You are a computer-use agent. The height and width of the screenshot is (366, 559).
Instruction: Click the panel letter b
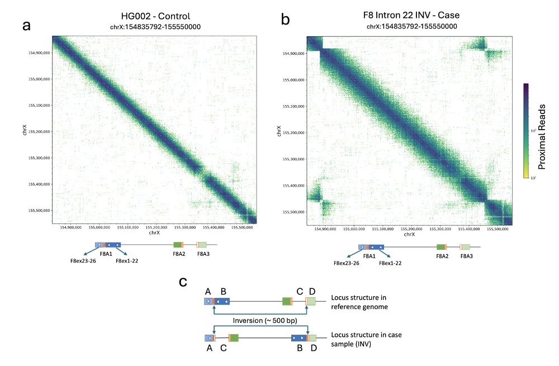click(285, 21)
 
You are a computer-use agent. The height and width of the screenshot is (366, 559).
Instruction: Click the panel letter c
click(182, 283)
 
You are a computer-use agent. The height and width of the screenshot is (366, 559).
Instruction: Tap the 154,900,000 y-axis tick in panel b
click(292, 54)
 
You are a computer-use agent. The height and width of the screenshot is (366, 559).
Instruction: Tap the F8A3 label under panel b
click(465, 255)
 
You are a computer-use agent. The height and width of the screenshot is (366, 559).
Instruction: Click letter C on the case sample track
click(224, 348)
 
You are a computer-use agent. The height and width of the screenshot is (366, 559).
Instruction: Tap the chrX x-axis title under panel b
click(409, 235)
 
